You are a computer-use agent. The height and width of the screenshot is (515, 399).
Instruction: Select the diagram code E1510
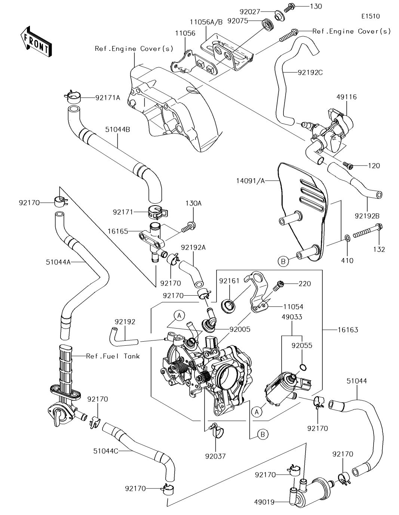click(x=370, y=16)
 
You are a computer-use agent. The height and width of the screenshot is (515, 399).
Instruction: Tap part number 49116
click(x=346, y=97)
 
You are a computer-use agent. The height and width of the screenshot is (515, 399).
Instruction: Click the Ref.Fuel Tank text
click(x=113, y=356)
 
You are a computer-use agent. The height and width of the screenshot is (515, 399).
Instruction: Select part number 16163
click(x=348, y=330)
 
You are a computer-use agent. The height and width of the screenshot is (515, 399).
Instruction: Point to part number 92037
click(x=216, y=456)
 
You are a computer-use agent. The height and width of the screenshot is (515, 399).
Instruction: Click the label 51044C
click(x=106, y=451)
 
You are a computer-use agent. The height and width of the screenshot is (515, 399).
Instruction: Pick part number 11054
click(x=293, y=307)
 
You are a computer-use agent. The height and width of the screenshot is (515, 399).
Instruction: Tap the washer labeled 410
click(x=347, y=238)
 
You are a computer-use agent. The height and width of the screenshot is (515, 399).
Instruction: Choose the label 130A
click(x=193, y=203)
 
